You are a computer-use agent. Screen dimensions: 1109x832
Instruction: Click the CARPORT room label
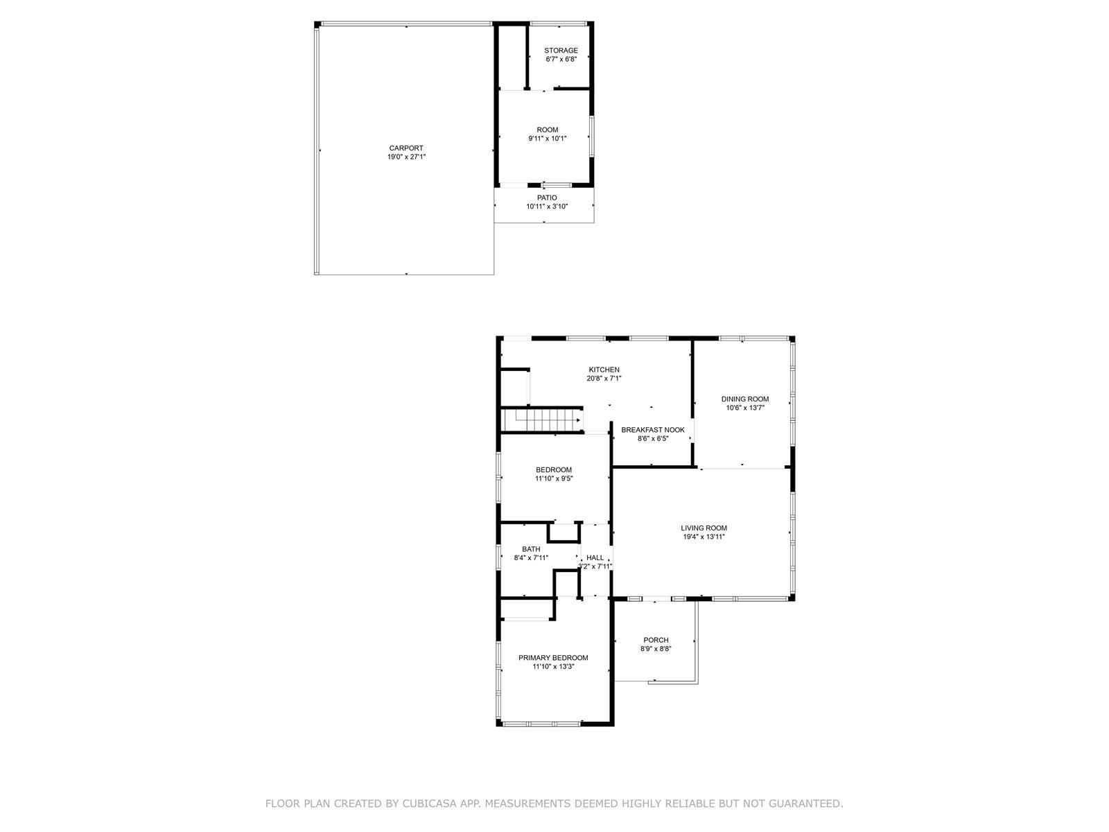405,148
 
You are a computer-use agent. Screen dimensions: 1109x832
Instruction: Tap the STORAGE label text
560,51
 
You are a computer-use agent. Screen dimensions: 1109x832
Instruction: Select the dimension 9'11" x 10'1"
547,139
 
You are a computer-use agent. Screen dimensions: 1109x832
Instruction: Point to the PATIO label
547,198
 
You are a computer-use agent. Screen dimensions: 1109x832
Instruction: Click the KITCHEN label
604,370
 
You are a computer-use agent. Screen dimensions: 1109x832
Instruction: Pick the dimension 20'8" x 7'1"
604,379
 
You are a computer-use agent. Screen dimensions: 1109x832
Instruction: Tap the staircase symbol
541,419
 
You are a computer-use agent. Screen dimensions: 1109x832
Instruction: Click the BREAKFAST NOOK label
652,430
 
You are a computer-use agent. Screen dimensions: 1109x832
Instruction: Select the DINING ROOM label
744,399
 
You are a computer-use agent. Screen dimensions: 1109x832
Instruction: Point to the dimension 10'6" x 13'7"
744,408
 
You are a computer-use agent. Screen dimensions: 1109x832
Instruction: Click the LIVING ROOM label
704,528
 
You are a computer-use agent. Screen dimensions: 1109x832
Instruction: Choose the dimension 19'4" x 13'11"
704,537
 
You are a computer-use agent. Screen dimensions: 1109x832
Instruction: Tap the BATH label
530,549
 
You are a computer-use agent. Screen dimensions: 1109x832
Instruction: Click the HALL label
595,557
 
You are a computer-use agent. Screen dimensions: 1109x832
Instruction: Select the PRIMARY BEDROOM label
552,658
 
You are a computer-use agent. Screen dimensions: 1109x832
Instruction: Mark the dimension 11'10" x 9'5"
554,478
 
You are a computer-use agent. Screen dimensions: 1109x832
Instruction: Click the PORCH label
655,640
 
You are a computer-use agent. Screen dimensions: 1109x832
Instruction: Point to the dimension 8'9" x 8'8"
655,649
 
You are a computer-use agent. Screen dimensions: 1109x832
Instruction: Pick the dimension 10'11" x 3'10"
547,207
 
